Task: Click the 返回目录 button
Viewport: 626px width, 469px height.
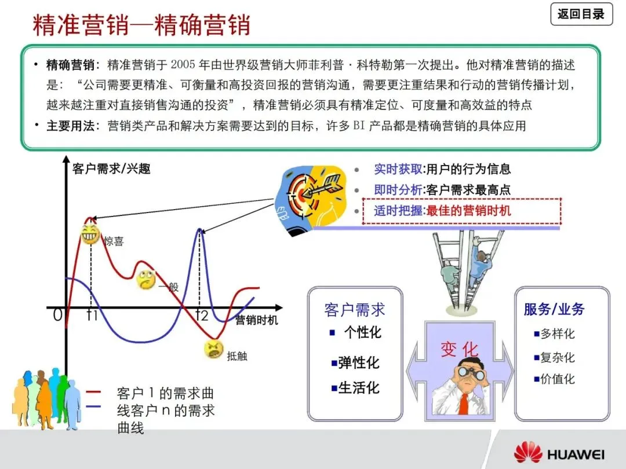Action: (x=581, y=14)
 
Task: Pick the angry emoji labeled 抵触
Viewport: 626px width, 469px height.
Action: (x=213, y=349)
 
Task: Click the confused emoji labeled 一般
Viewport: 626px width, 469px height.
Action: (x=145, y=280)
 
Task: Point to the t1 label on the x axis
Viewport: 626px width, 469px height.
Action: (x=92, y=316)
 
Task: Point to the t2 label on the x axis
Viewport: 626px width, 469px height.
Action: (x=201, y=316)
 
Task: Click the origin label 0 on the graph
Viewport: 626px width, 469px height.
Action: (x=57, y=316)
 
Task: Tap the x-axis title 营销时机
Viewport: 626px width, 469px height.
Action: (x=256, y=320)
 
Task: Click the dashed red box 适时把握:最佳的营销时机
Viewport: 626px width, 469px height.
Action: (x=461, y=211)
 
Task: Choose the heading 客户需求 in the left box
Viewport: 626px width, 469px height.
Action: (x=354, y=310)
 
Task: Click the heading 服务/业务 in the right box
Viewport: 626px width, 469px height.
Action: (x=554, y=309)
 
